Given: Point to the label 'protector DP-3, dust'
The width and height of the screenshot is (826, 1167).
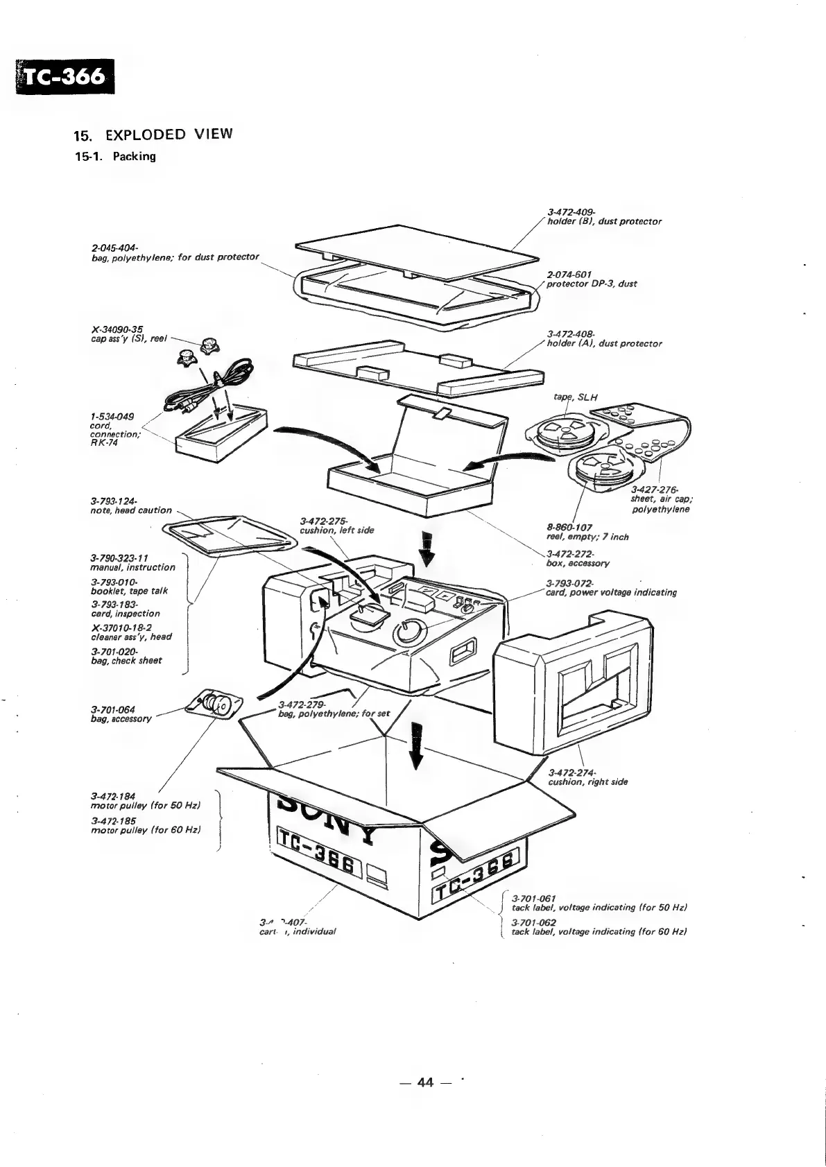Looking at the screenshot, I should coord(592,284).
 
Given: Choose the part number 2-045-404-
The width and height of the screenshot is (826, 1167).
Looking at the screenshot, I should coord(114,248).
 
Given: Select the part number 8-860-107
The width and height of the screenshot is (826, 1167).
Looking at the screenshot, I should coord(569,527).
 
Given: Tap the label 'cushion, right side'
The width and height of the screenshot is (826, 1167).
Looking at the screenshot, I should coord(587,782).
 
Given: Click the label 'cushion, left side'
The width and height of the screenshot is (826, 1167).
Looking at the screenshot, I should coord(336,530).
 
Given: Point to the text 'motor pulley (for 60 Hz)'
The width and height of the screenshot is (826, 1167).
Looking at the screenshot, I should coord(146,830).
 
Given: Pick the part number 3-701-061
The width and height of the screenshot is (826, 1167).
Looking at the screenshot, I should coord(533,898).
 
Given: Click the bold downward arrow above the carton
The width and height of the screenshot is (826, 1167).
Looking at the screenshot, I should coord(416,745).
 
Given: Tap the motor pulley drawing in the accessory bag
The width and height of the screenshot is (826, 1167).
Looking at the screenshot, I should coord(213,705).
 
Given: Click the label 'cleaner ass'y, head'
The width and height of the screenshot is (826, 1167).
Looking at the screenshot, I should coord(131,637).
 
